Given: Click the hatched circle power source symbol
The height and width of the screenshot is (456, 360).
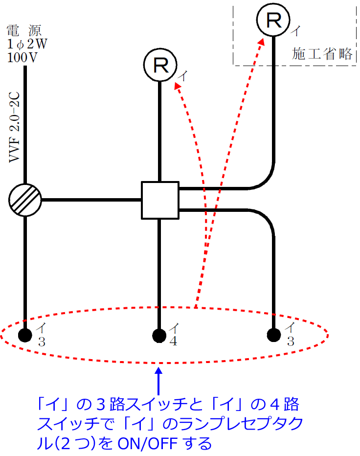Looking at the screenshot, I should click(25, 200).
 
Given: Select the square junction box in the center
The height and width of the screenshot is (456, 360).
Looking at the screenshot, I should click(160, 200).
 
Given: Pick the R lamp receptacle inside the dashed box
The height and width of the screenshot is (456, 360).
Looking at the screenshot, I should click(273, 20).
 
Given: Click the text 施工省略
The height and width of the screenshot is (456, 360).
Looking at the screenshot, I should click(322, 54).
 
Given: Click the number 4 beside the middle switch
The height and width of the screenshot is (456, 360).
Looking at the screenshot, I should click(173, 341).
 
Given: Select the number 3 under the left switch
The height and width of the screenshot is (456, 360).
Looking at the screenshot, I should click(42, 342).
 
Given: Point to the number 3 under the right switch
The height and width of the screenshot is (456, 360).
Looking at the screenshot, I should click(290, 342).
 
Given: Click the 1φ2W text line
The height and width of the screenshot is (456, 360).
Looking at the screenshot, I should click(27, 44).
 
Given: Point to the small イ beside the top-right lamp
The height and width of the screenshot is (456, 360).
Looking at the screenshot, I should click(295, 31).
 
